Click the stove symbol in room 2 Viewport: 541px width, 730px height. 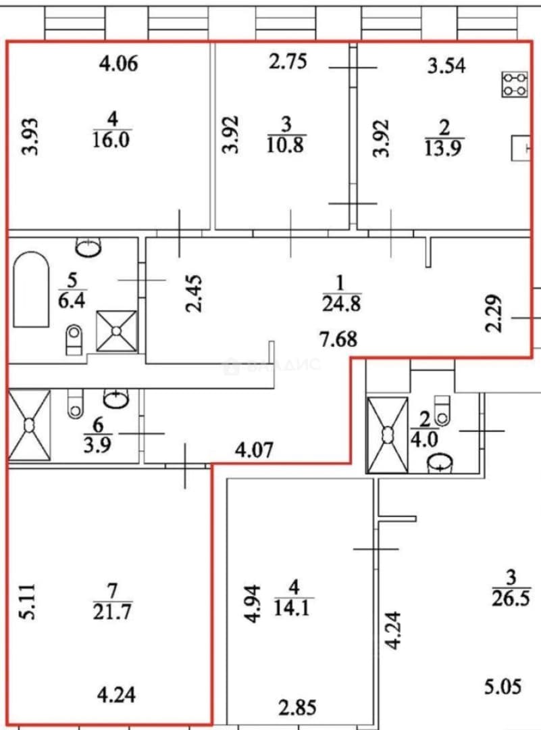pos(515,84)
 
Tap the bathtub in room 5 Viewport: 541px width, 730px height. pos(31,289)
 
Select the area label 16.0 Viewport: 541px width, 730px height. pos(111,140)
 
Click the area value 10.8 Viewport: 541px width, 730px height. pos(286,145)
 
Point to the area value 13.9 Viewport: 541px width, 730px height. pos(443,149)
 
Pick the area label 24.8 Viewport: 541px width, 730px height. pos(342,303)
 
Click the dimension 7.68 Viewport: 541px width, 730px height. pos(338,339)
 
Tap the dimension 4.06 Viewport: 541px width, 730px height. pos(119,64)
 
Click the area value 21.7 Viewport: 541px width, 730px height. pos(112,611)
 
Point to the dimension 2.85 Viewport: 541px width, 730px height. pos(298,708)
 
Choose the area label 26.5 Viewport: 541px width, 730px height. pos(511,598)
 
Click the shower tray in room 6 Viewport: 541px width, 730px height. pos(29,425)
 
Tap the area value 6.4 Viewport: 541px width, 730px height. pos(72,301)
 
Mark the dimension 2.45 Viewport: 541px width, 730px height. pos(194,293)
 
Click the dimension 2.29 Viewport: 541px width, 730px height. pos(494,314)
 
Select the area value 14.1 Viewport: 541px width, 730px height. pos(292,608)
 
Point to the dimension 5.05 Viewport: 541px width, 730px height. pos(503,687)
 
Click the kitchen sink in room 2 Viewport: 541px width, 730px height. pos(521,148)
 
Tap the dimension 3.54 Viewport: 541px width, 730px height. pos(446,66)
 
